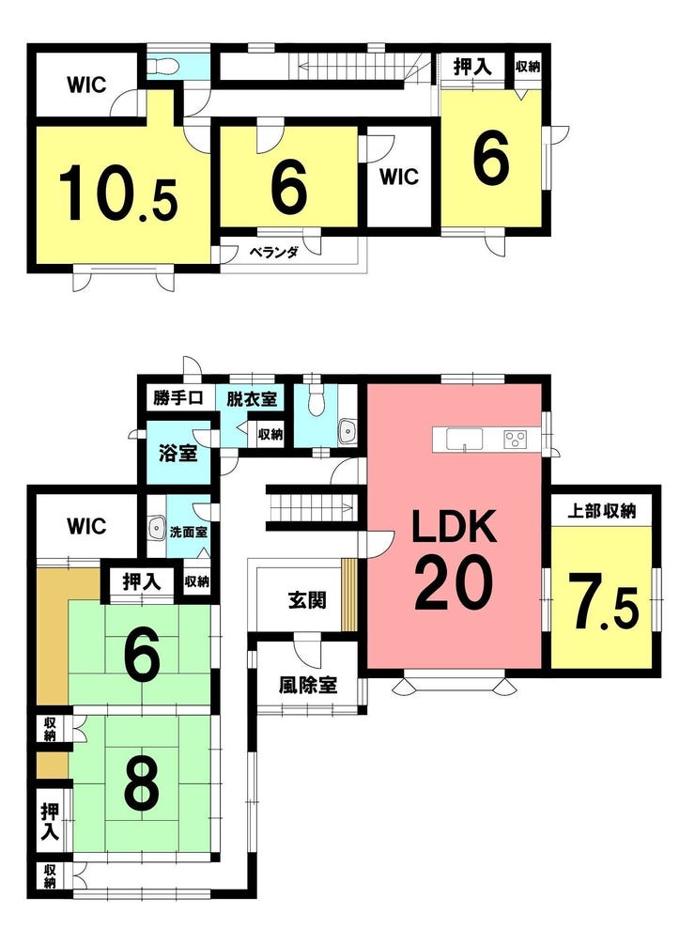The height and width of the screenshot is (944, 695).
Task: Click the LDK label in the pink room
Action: [x=454, y=526]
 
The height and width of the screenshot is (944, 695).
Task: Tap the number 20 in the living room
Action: [x=454, y=582]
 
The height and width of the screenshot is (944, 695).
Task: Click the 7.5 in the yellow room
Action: [x=605, y=602]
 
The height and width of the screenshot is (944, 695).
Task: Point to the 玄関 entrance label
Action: [x=307, y=600]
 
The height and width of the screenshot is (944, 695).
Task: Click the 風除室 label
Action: [x=307, y=685]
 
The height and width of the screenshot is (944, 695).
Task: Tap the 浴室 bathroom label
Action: [x=178, y=453]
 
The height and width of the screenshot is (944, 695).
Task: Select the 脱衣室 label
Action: [x=252, y=398]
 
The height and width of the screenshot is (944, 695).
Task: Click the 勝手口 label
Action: [x=177, y=398]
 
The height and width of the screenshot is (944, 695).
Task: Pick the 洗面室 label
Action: [x=189, y=533]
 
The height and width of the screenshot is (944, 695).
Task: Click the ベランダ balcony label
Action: [x=274, y=253]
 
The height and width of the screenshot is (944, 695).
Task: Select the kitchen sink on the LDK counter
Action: [x=464, y=439]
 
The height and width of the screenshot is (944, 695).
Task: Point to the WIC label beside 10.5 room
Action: [x=86, y=85]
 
